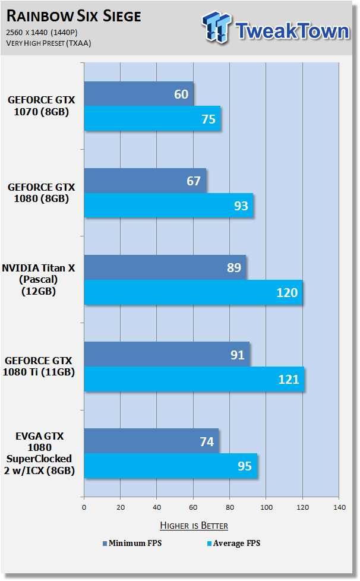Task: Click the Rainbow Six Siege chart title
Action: [x=74, y=16]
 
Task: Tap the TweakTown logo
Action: [x=276, y=28]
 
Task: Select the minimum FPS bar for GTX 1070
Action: [x=138, y=94]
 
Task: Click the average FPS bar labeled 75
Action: [x=152, y=119]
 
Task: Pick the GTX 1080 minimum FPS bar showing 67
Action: [x=145, y=181]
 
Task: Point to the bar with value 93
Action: [x=169, y=206]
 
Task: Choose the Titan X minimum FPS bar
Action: [x=165, y=267]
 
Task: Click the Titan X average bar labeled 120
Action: [x=193, y=292]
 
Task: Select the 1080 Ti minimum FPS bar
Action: [x=167, y=354]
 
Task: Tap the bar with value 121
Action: [x=194, y=379]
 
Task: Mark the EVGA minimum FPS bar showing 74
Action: [x=151, y=441]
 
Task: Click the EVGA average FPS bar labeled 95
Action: [x=170, y=466]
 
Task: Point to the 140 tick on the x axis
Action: [x=339, y=507]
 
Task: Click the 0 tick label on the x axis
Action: [x=84, y=507]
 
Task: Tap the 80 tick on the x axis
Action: [x=230, y=507]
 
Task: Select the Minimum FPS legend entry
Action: [x=132, y=543]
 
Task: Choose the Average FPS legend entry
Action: [x=233, y=543]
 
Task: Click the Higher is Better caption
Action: [x=194, y=525]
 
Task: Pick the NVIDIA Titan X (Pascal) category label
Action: [x=39, y=279]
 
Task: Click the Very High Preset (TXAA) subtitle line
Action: [x=49, y=43]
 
